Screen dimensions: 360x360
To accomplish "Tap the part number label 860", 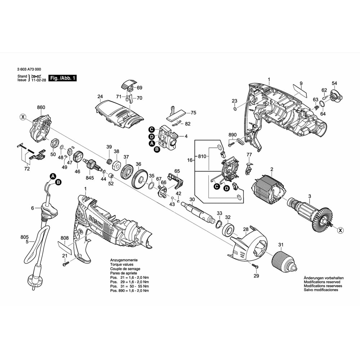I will tap(41, 107).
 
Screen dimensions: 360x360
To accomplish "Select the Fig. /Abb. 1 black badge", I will tap(63, 78).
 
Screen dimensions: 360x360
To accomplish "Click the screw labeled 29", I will tap(255, 267).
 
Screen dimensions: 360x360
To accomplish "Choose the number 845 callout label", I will tap(90, 177).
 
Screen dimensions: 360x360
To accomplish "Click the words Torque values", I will tap(121, 264).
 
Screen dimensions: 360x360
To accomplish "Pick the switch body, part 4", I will tap(169, 137).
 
